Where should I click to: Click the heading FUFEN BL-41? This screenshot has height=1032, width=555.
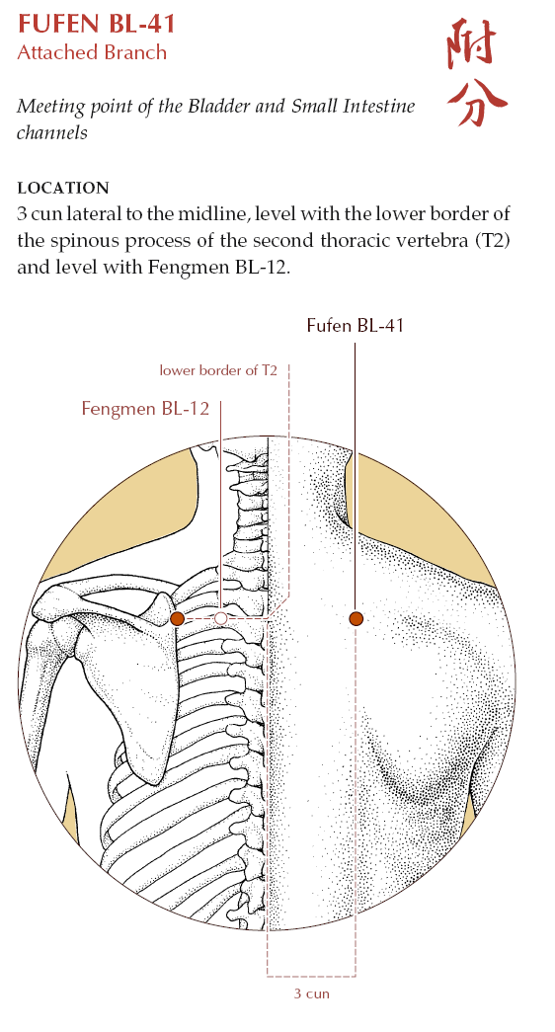(x=96, y=24)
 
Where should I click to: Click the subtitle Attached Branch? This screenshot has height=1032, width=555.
(x=92, y=52)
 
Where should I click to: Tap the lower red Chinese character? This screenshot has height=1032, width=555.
(x=476, y=102)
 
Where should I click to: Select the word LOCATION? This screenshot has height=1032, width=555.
(x=63, y=189)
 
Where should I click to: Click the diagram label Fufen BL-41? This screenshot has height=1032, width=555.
(x=355, y=325)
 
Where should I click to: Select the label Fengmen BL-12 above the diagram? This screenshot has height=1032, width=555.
(x=145, y=409)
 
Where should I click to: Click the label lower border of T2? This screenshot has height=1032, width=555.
(x=218, y=370)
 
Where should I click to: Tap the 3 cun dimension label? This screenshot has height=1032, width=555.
(x=311, y=993)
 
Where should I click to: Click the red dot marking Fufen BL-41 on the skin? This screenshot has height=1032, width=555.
(x=357, y=618)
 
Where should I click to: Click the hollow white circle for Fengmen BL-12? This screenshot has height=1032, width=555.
(x=221, y=618)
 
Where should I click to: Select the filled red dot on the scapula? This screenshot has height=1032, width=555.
(x=177, y=618)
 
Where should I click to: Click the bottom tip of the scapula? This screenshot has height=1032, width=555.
(x=149, y=781)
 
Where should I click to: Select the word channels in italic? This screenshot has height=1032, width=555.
(x=52, y=132)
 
